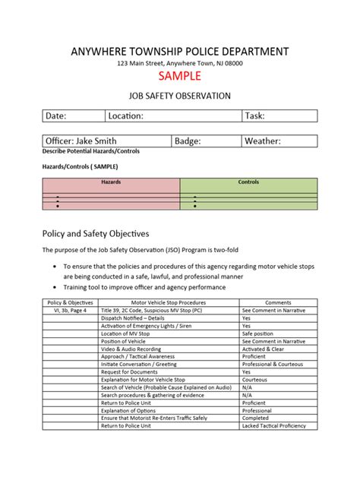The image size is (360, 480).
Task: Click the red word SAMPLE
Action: (180, 77)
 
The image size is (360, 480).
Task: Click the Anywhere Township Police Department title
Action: (180, 51)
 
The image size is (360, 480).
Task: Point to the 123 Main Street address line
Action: (180, 64)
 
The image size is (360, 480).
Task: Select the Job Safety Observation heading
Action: (180, 96)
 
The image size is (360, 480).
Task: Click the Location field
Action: (173, 116)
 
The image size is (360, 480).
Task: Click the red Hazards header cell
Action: (111, 182)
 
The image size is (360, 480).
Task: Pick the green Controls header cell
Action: (248, 182)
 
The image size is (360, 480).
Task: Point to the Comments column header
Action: (278, 302)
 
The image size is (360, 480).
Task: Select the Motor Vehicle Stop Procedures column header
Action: (169, 302)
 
